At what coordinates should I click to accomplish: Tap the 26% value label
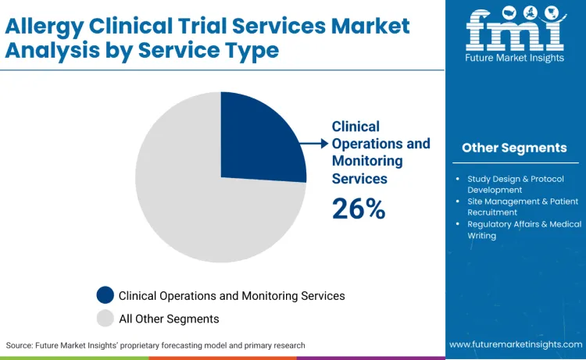[x=359, y=208]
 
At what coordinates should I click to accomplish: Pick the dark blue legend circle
[x=105, y=295]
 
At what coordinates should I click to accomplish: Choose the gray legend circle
[x=105, y=319]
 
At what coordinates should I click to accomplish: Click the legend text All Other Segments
[x=169, y=319]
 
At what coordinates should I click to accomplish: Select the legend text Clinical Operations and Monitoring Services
[x=231, y=296]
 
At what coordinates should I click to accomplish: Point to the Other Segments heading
[x=514, y=148]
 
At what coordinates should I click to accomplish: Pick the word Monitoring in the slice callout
[x=367, y=161]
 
